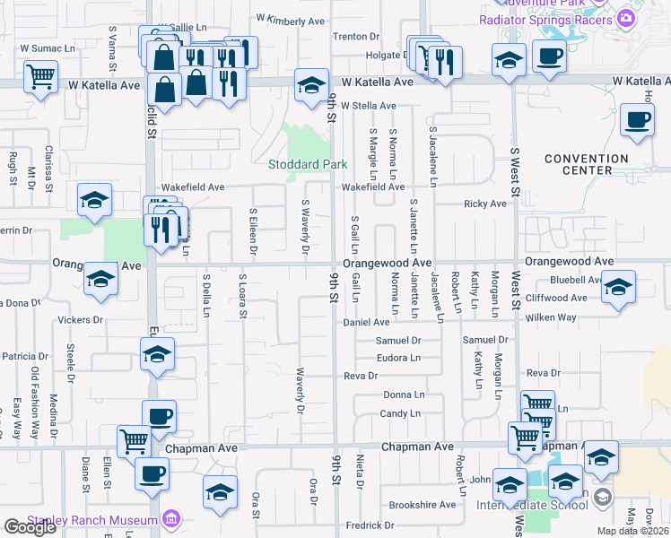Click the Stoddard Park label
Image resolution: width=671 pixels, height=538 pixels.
309,164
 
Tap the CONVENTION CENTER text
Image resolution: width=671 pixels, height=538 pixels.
588,165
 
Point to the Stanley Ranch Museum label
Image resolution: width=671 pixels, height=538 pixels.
80,520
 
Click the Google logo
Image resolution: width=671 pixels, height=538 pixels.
30,527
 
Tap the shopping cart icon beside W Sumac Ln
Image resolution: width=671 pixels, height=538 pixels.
41,76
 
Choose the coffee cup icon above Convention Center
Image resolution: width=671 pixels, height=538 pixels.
637,120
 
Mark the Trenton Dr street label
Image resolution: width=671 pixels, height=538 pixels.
356,37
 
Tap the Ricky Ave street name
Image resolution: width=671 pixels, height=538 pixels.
484,204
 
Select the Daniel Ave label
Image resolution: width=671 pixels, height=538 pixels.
367,322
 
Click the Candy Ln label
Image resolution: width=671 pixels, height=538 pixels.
400,413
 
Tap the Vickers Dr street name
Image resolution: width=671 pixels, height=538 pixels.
81,319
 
